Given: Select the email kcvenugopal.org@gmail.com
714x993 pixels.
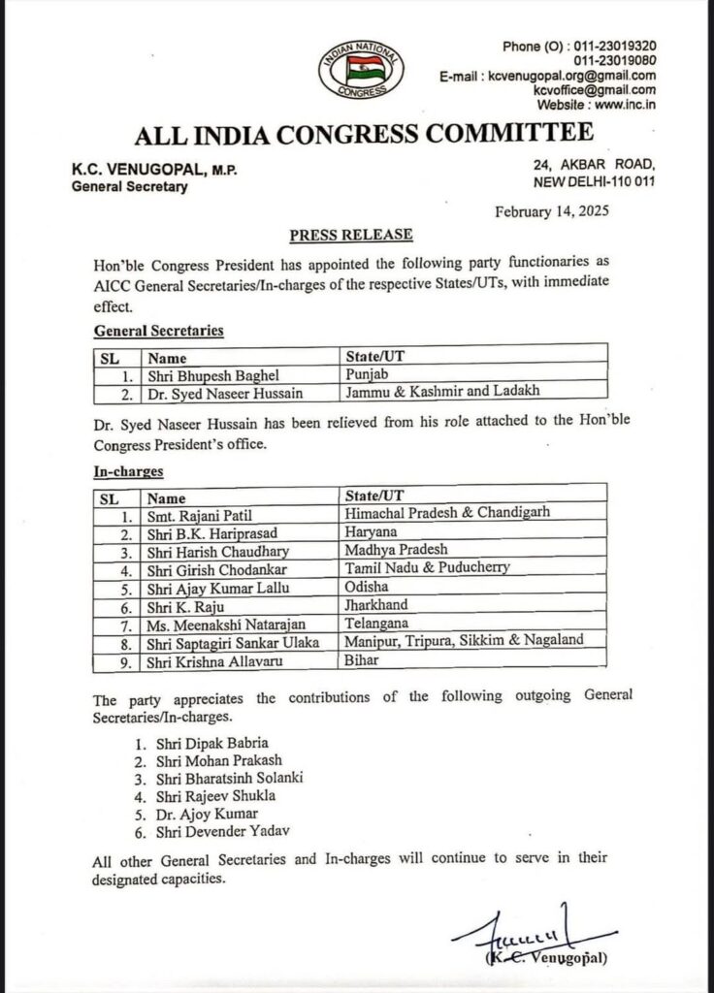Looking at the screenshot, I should [573, 76].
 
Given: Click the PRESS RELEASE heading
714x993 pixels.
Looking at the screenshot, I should [351, 235].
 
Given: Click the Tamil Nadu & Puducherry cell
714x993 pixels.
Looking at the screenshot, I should [427, 567].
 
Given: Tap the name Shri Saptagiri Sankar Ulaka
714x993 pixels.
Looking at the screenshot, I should [232, 641].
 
